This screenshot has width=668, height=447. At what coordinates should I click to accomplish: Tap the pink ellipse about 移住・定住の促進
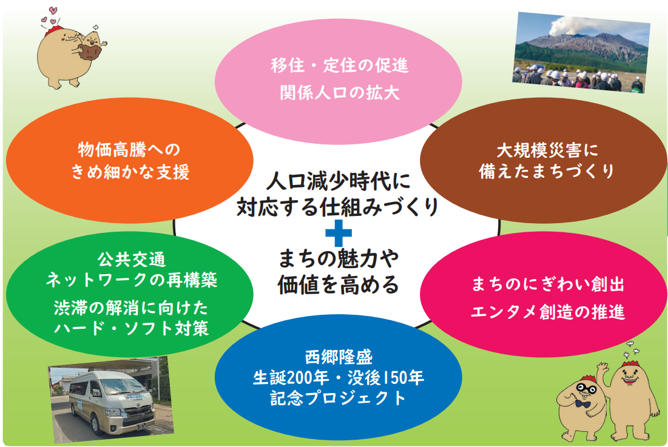(x=339, y=79)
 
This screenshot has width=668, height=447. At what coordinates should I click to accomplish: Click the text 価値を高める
(x=338, y=283)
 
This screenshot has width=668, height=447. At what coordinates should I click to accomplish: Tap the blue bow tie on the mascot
(x=584, y=403)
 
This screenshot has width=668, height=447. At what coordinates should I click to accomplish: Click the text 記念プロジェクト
(x=338, y=398)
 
